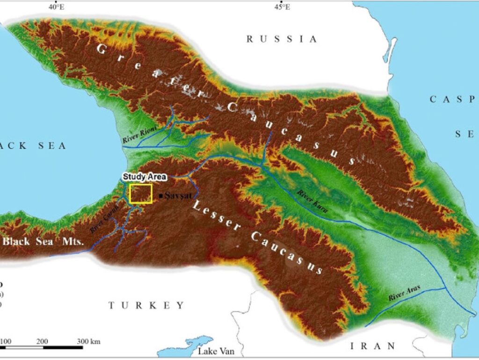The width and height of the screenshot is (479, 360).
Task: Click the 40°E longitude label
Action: tap(56, 7)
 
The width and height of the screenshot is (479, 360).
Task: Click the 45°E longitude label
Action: tap(282, 7)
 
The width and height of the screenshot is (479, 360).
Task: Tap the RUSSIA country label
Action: tap(282, 39)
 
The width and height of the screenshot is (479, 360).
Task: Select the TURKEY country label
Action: tap(147, 305)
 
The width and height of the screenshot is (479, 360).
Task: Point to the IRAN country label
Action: tap(373, 346)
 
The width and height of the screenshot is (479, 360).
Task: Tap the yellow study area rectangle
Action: tap(141, 193)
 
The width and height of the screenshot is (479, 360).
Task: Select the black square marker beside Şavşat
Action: tap(161, 196)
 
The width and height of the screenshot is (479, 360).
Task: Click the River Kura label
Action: tap(312, 201)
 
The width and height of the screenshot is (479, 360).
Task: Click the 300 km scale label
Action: tap(88, 342)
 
